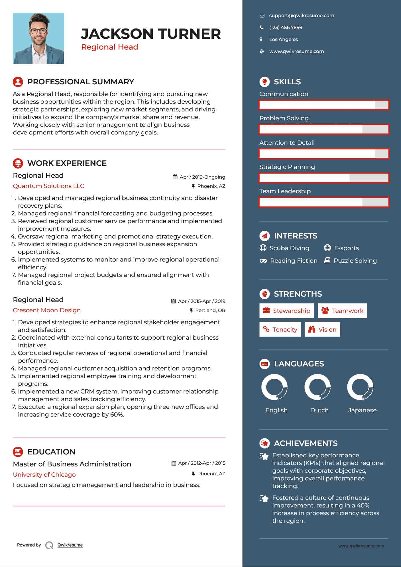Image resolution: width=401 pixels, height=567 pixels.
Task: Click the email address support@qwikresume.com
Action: pyautogui.click(x=302, y=16)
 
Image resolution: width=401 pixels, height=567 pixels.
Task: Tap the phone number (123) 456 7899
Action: pyautogui.click(x=286, y=28)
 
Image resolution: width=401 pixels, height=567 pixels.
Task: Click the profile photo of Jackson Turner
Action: pyautogui.click(x=38, y=38)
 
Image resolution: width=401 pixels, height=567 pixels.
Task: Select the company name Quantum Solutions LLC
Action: pyautogui.click(x=48, y=186)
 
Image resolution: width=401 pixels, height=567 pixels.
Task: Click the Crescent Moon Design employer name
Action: pyautogui.click(x=47, y=310)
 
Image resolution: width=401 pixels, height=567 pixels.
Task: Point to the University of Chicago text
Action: pyautogui.click(x=44, y=475)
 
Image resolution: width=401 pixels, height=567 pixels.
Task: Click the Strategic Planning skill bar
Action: pyautogui.click(x=324, y=178)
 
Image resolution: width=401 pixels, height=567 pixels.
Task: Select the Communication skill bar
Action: pyautogui.click(x=324, y=105)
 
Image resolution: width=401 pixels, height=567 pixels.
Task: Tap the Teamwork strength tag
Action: pyautogui.click(x=342, y=311)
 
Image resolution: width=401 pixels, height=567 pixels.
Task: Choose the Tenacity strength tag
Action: pyautogui.click(x=280, y=330)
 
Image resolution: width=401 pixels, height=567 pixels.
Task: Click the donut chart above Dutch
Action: pyautogui.click(x=317, y=387)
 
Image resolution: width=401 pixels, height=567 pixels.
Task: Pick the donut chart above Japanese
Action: pyautogui.click(x=360, y=387)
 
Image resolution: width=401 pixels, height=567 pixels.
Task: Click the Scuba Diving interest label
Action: pyautogui.click(x=289, y=248)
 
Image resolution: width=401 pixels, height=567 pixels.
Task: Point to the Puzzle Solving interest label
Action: pyautogui.click(x=355, y=261)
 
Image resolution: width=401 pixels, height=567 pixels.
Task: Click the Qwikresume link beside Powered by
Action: pyautogui.click(x=70, y=545)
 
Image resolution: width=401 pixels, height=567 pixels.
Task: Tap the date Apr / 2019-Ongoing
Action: pyautogui.click(x=202, y=177)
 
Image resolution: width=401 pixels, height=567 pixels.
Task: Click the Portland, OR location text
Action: pyautogui.click(x=210, y=311)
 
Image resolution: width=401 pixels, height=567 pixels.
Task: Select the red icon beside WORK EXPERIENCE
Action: pyautogui.click(x=18, y=163)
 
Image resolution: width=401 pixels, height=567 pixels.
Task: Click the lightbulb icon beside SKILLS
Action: pyautogui.click(x=264, y=82)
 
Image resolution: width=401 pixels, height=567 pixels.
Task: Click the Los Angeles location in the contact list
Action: pyautogui.click(x=284, y=40)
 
